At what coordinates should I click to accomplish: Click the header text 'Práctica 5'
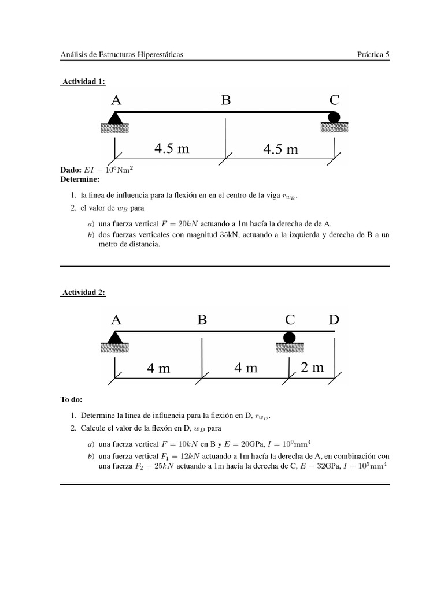coord(373,55)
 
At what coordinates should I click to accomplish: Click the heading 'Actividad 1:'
coord(83,82)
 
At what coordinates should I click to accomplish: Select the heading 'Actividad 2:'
coord(83,293)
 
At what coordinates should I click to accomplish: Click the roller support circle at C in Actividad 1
coord(334,117)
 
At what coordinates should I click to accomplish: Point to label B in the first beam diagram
coord(225,100)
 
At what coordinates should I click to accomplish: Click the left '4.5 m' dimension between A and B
coord(172,149)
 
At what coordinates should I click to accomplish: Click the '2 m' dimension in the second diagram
coord(312,368)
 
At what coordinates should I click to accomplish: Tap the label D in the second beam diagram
coord(334,320)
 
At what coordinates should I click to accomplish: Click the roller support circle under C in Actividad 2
coord(290,338)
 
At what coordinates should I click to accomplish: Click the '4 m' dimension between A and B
coord(158,368)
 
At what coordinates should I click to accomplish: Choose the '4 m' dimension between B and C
coord(246,368)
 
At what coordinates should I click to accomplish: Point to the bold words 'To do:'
coord(72,399)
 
